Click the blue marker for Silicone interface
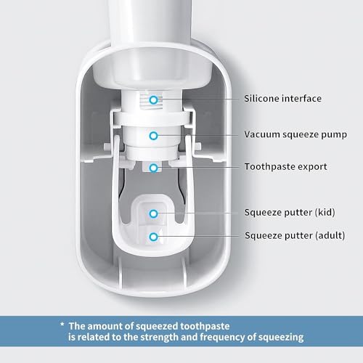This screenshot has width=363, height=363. tap(153, 99)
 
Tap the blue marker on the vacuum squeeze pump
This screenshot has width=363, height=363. tap(153, 135)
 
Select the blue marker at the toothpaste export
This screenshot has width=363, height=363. tap(153, 167)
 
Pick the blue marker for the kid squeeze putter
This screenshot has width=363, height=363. tap(153, 213)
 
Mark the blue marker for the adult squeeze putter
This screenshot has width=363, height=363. tap(153, 236)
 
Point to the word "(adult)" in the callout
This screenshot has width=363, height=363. tap(328, 235)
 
